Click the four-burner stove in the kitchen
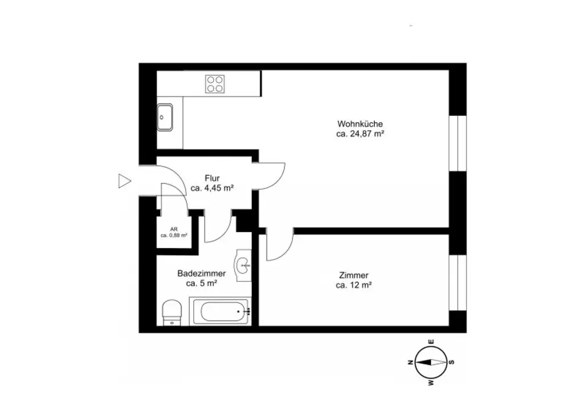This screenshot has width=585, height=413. pyautogui.click(x=215, y=84)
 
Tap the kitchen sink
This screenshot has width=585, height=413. pyautogui.click(x=166, y=118)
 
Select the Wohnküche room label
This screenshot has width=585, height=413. pyautogui.click(x=359, y=124)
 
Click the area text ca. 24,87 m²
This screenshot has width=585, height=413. pyautogui.click(x=359, y=134)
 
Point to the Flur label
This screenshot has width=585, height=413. pyautogui.click(x=212, y=178)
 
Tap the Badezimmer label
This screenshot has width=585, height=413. pyautogui.click(x=201, y=274)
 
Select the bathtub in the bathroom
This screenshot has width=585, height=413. pyautogui.click(x=220, y=312)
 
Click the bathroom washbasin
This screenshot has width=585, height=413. pyautogui.click(x=245, y=265)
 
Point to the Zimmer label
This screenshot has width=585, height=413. pyautogui.click(x=354, y=275)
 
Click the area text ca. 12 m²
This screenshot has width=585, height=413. pyautogui.click(x=354, y=286)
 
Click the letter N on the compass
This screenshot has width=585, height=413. pyautogui.click(x=410, y=362)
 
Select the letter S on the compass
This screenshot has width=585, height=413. pyautogui.click(x=451, y=362)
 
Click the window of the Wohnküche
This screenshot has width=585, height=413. pyautogui.click(x=458, y=143)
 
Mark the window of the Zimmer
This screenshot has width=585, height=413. pyautogui.click(x=458, y=283)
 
